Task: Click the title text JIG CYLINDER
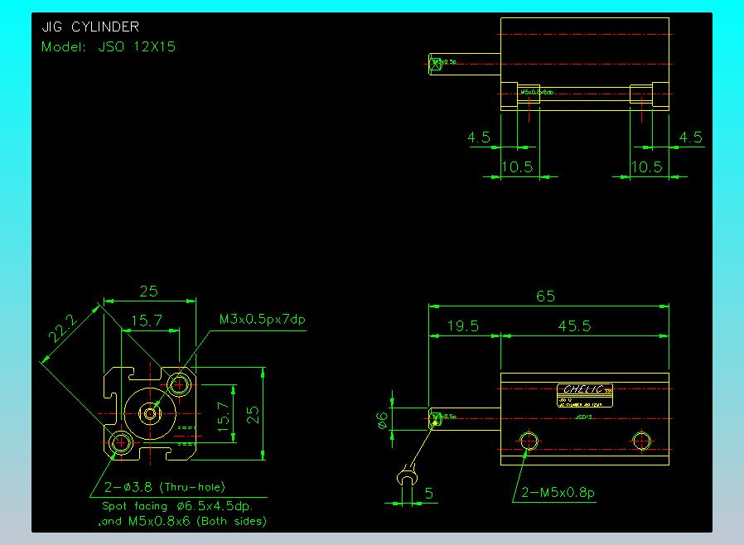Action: tap(90, 27)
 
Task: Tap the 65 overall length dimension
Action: tap(545, 296)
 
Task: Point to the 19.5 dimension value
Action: tap(462, 326)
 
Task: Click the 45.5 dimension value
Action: tap(574, 326)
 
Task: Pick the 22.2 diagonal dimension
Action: tap(62, 330)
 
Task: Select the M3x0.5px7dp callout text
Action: tap(257, 319)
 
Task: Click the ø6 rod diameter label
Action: tap(382, 420)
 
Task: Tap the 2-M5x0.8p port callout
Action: tap(558, 493)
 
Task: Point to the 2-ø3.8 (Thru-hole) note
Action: tap(165, 487)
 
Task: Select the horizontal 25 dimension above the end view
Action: tap(148, 291)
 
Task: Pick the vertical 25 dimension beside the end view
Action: tap(254, 412)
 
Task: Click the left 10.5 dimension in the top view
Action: tap(516, 166)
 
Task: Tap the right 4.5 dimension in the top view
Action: tap(691, 137)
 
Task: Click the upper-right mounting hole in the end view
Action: tap(180, 384)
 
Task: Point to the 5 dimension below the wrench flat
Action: tap(428, 494)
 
